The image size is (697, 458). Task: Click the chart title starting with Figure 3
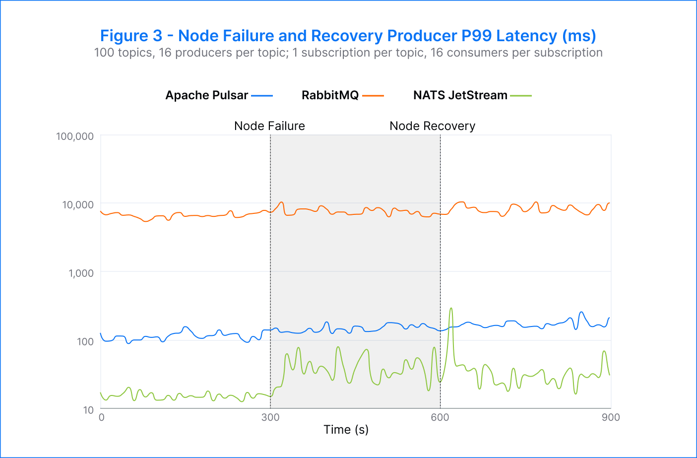348,36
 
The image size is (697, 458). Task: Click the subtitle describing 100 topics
348,53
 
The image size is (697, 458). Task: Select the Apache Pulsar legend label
206,95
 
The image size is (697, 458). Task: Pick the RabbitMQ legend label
330,95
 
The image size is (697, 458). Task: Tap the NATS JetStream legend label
460,95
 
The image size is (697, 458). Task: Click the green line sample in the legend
520,96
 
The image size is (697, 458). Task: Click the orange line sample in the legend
373,96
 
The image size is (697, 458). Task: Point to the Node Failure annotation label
269,126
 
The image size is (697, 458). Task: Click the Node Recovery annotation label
432,126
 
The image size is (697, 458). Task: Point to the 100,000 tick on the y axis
75,136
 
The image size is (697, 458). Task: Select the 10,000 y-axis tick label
77,204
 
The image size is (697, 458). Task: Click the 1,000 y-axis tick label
81,273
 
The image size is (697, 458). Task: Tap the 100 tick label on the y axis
85,341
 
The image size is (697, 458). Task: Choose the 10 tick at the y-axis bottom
88,410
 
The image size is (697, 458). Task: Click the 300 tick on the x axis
270,417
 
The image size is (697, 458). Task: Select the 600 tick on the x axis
440,417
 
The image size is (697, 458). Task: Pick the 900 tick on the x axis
611,417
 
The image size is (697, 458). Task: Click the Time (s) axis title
346,430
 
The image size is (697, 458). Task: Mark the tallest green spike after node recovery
451,309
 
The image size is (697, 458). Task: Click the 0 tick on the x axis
102,417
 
